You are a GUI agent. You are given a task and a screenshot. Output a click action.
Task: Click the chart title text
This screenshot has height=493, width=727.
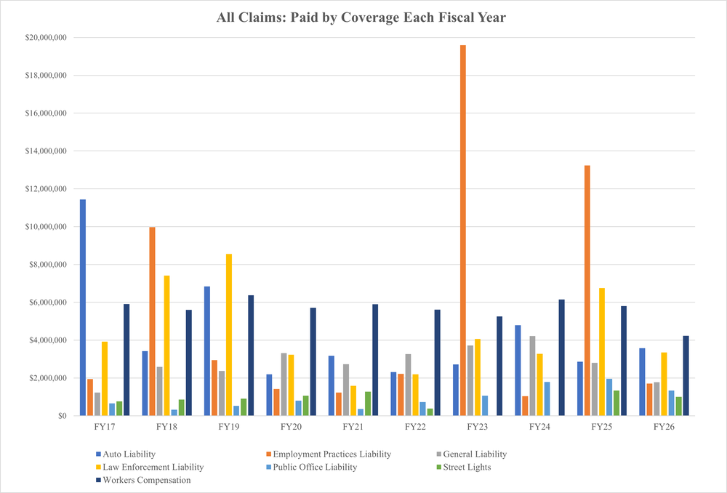361,17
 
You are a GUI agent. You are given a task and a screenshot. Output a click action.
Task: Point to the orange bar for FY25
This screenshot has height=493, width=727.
587,290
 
